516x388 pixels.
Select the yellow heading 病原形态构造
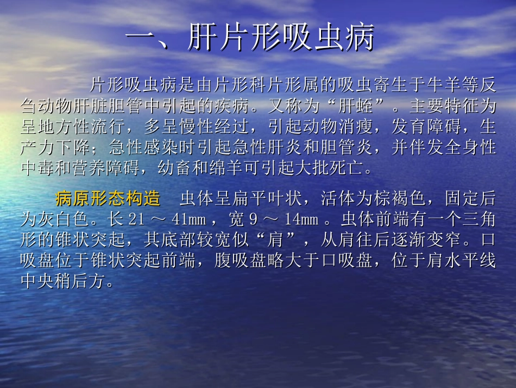[x=108, y=198]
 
